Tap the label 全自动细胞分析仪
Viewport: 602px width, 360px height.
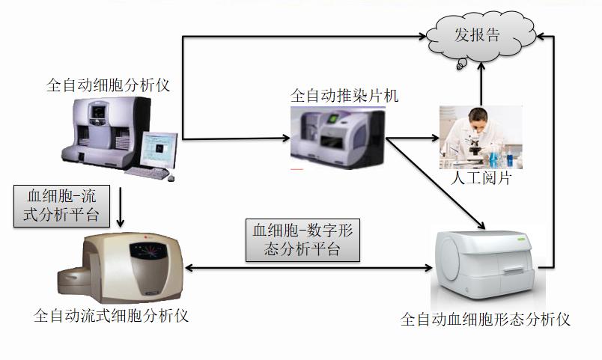109,85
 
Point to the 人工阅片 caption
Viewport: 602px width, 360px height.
480,179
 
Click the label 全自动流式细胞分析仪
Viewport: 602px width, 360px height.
111,315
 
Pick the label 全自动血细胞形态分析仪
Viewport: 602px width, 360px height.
485,320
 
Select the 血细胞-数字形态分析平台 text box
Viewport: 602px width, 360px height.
303,240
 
